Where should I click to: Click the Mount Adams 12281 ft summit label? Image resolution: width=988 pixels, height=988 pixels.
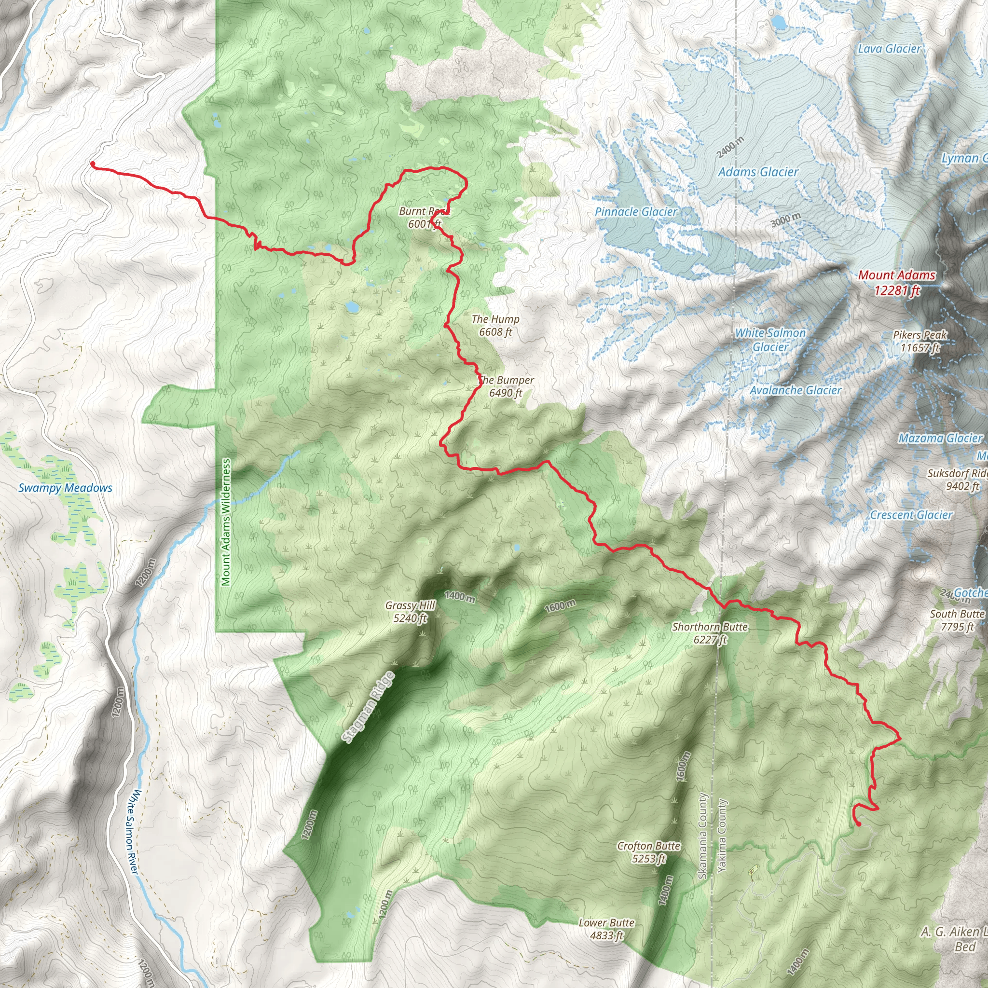pos(896,283)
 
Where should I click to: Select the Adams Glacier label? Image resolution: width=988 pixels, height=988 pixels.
pos(758,172)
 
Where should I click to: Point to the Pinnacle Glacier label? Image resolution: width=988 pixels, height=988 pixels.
pos(636,212)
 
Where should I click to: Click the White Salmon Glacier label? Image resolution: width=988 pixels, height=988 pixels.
pos(770,340)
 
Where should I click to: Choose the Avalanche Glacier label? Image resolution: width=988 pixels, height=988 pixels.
pos(795,390)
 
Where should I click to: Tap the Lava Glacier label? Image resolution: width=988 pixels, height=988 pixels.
pos(889,49)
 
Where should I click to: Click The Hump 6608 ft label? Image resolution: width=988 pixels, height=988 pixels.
pos(495,325)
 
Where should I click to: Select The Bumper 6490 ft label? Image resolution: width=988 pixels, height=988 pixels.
pos(506,386)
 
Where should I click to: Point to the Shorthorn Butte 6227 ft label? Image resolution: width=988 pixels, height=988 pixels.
pos(710,632)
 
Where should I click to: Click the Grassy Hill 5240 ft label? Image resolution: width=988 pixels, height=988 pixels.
pos(410,612)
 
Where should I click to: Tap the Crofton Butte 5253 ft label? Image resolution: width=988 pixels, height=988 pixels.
pos(648,851)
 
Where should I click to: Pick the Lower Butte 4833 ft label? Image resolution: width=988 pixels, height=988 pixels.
pos(606,929)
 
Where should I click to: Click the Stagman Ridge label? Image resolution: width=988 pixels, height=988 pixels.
pos(368,707)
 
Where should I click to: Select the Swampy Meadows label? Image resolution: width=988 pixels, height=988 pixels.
pos(65,488)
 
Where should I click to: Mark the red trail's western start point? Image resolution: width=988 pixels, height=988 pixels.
pos(93,164)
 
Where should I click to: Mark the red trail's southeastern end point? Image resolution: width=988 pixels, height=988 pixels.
pos(858,824)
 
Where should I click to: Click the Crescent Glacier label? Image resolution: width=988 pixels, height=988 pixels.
pos(911,515)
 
